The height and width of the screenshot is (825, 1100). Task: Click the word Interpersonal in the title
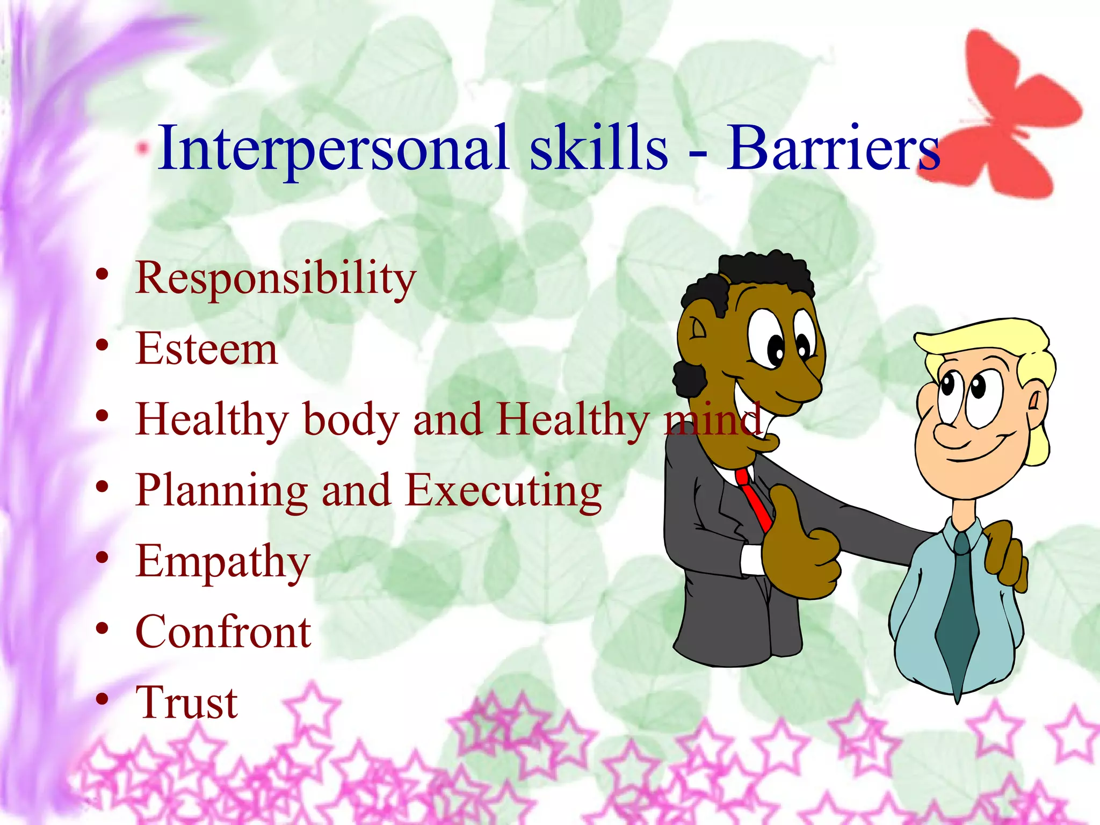333,148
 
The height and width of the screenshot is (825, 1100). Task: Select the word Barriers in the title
833,148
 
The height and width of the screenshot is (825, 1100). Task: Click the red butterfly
1010,118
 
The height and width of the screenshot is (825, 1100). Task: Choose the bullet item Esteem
207,349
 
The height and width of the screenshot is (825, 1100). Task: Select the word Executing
503,491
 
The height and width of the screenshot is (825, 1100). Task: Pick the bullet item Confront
223,632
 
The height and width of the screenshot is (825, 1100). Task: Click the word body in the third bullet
351,420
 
